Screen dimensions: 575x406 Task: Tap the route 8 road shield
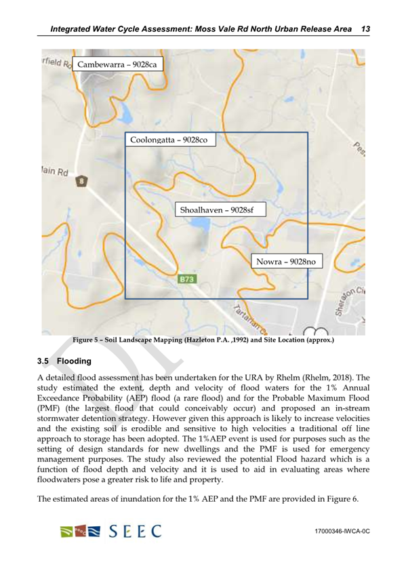point(82,181)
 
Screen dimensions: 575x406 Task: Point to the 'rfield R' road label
point(55,62)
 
